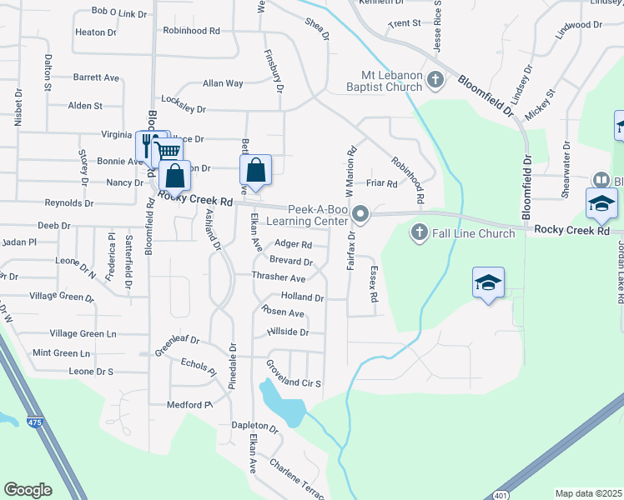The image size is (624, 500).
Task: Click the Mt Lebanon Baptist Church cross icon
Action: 435,80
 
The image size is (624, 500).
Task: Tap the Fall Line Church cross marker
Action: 419,233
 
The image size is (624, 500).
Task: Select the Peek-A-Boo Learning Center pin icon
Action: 360,215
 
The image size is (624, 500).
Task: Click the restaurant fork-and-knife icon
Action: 146,144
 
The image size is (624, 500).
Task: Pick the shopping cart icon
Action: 167,151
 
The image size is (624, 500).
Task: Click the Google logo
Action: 28,490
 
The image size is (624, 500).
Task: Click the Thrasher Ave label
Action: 279,277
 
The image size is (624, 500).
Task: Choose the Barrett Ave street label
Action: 96,77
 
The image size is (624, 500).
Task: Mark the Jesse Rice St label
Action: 437,26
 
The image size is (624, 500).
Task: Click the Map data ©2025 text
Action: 587,493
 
